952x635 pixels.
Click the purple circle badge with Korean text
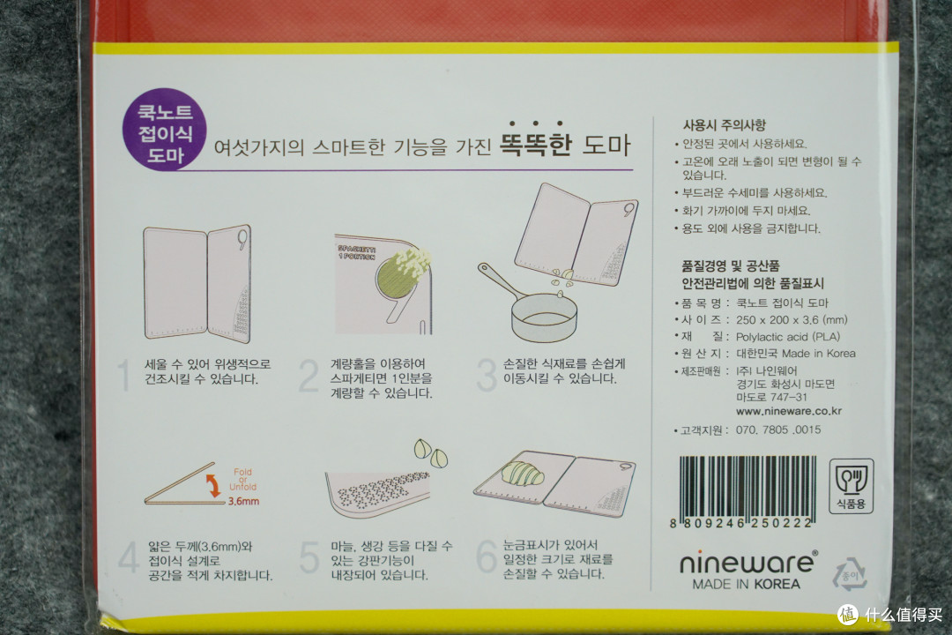(165, 131)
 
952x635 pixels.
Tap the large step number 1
(124, 375)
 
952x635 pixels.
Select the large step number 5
(309, 557)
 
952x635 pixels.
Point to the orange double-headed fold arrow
(213, 486)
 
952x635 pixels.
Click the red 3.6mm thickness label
(243, 501)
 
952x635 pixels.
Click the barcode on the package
(747, 491)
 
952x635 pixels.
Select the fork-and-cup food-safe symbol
(852, 487)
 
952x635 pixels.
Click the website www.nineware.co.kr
(789, 411)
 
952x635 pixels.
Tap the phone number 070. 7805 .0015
(778, 430)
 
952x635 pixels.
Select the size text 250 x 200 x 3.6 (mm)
(791, 319)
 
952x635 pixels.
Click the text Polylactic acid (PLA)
(788, 337)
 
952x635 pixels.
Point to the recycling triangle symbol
(849, 574)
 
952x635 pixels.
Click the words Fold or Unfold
(243, 480)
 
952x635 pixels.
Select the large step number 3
(487, 374)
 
